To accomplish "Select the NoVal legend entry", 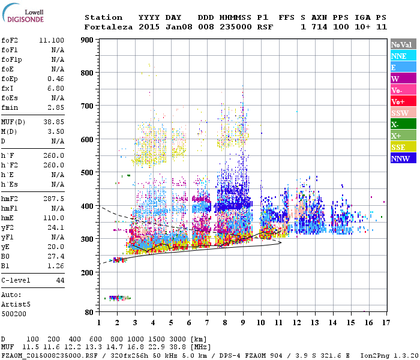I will (402, 44).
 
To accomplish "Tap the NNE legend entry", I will (402, 56).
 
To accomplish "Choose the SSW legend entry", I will (402, 113).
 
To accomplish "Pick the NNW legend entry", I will (402, 158).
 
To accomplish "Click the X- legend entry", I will (402, 124).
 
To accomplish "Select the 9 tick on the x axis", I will (242, 322).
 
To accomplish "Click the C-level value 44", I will (60, 280).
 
